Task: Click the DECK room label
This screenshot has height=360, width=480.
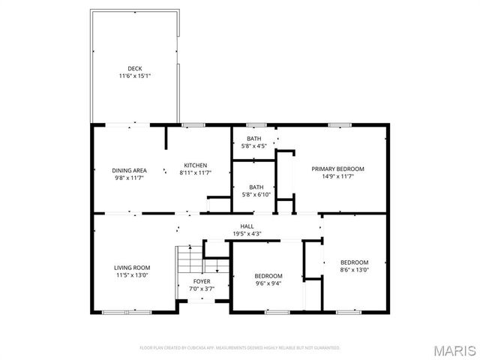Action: tap(134, 68)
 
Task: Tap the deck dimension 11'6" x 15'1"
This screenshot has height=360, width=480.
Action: tap(134, 76)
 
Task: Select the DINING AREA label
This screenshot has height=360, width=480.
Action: tap(129, 169)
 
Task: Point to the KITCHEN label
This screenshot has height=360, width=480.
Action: tap(196, 165)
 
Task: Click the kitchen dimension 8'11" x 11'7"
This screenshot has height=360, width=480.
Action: tap(196, 172)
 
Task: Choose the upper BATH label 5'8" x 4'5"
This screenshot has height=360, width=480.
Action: tap(256, 139)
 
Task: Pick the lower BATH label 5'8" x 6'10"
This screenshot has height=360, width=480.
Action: tap(256, 187)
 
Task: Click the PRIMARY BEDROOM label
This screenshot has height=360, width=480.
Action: tap(337, 169)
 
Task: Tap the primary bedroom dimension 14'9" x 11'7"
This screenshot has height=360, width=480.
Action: tap(337, 176)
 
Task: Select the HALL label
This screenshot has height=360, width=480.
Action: tap(246, 226)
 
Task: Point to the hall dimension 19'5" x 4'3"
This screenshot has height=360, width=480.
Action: tap(246, 233)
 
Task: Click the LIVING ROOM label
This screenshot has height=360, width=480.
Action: tap(132, 268)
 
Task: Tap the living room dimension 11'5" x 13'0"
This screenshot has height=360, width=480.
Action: tap(132, 275)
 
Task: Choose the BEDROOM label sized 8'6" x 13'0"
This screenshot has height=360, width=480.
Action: tap(354, 262)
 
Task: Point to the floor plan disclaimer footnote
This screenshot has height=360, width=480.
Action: tap(239, 348)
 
